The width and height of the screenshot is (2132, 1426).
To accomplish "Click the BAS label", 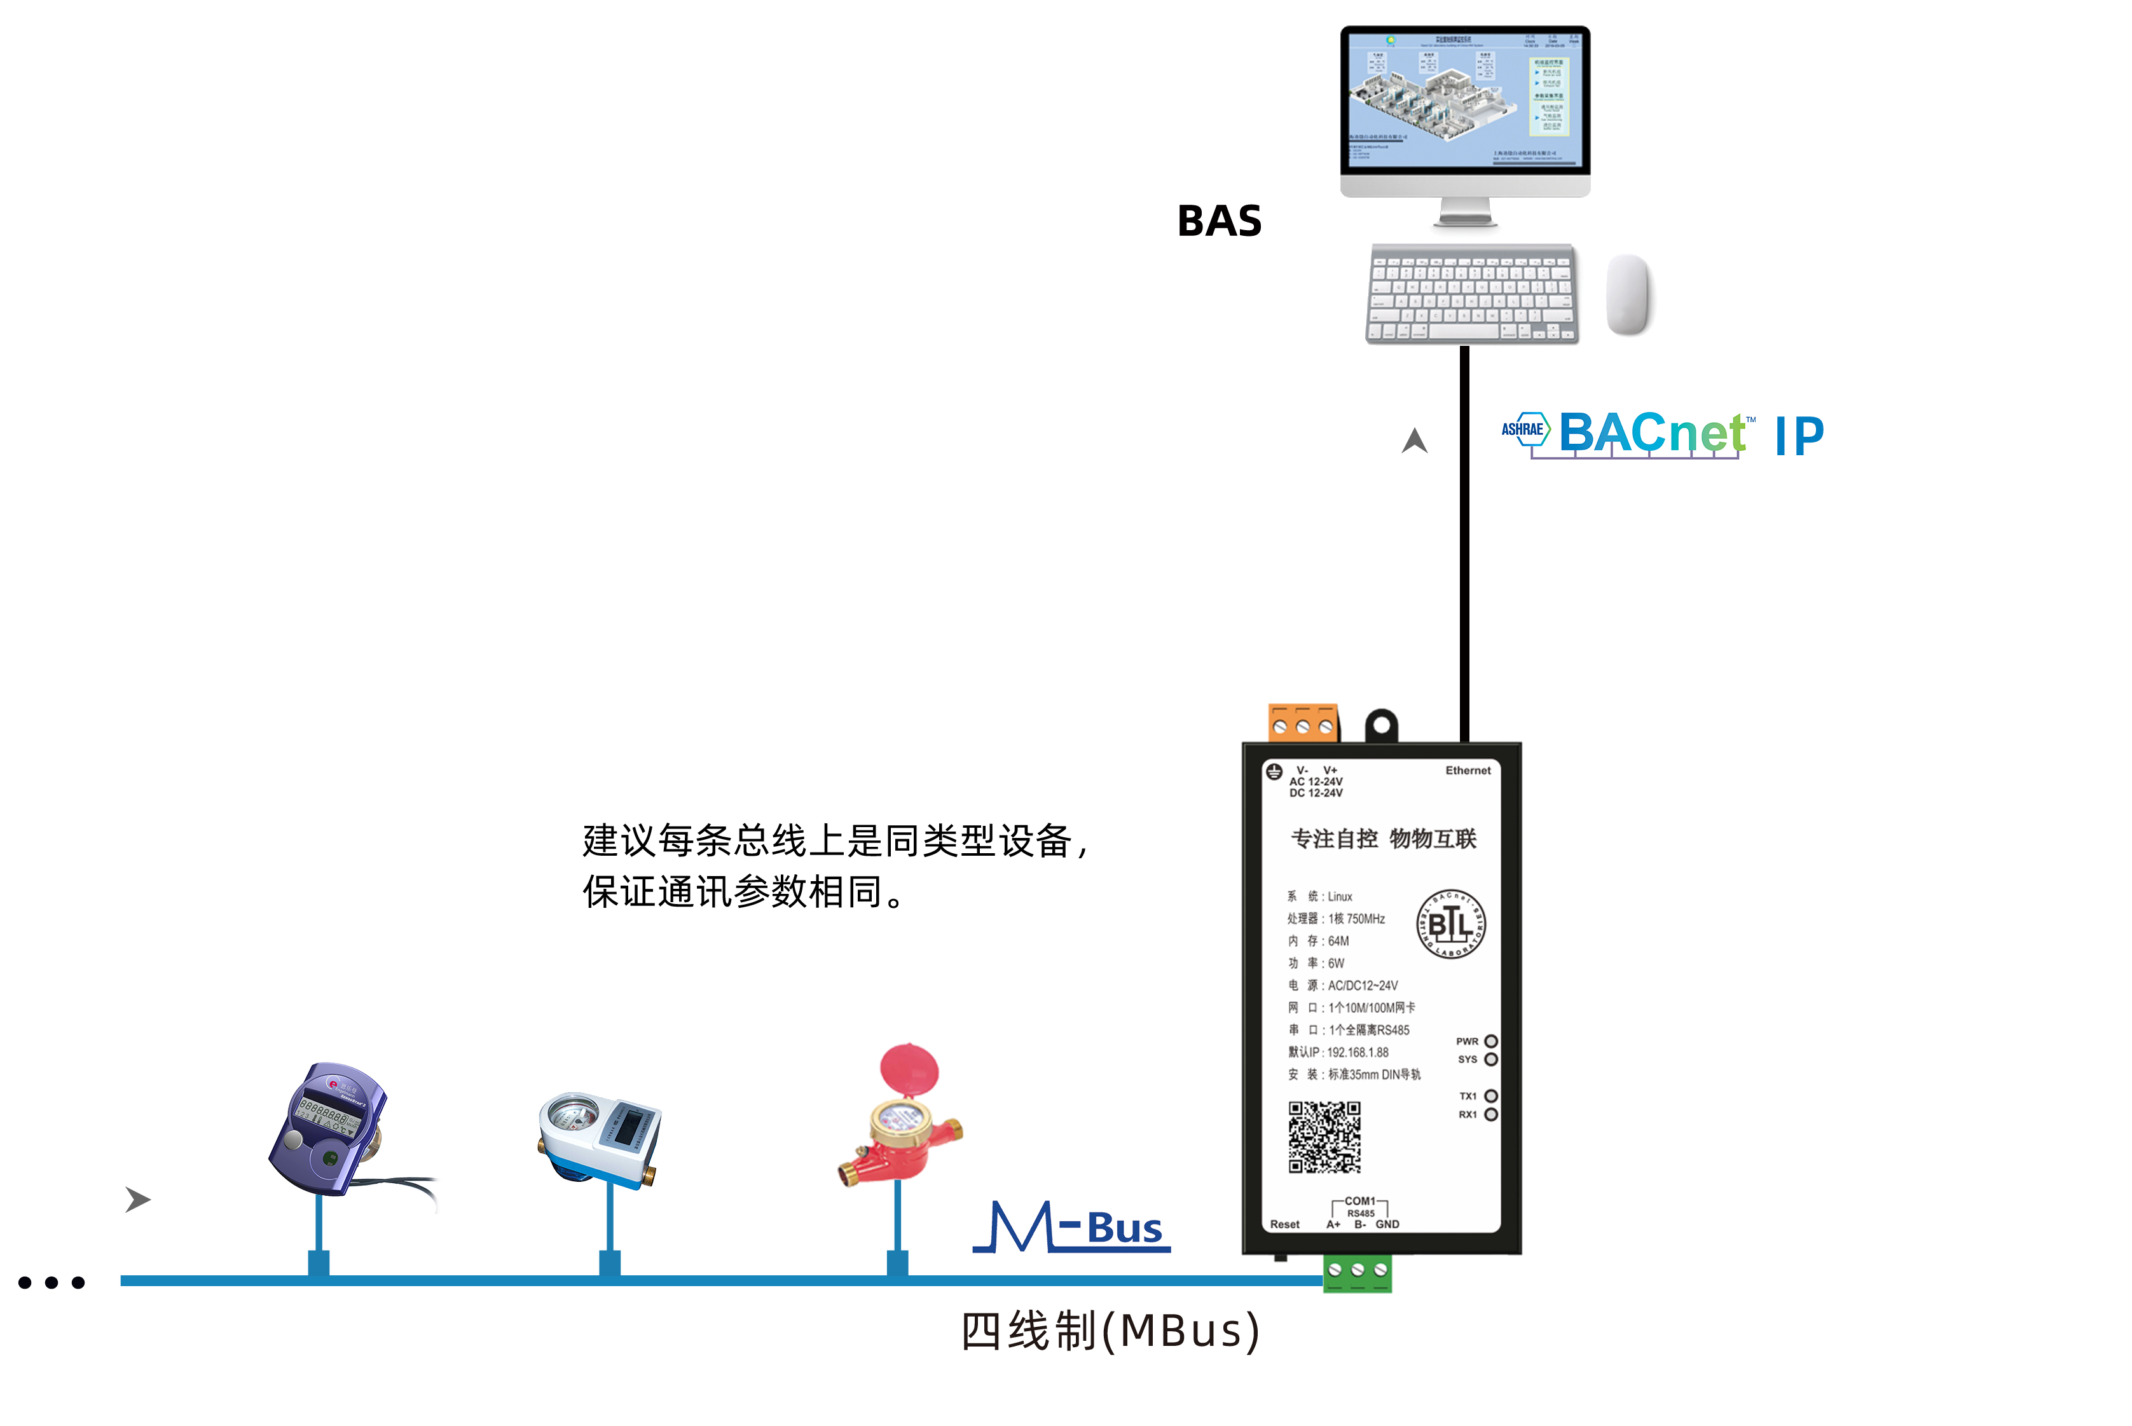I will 1219,221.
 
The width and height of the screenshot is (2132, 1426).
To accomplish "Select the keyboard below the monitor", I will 1471,293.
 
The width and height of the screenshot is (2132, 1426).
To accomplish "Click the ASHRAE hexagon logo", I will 1523,428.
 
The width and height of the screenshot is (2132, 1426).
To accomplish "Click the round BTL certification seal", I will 1451,924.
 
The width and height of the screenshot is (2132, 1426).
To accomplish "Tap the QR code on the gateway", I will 1324,1137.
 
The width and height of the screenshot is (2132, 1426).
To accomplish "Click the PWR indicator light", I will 1491,1041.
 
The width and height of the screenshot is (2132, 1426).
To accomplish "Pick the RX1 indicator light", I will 1491,1114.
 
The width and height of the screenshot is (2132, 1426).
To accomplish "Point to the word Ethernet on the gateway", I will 1468,771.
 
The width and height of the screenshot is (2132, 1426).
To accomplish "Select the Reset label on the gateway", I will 1284,1224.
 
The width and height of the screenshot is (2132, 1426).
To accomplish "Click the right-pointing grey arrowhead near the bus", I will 137,1200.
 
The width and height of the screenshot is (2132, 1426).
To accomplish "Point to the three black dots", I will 52,1282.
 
